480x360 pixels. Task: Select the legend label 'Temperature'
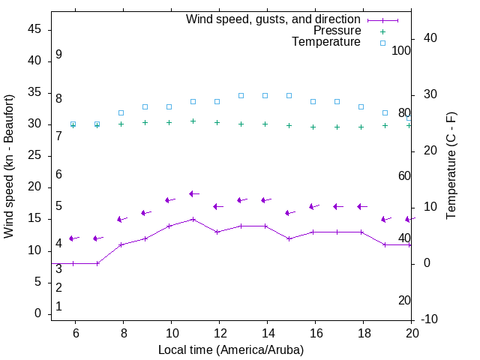(326, 42)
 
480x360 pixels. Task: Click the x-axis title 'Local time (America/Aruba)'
(231, 349)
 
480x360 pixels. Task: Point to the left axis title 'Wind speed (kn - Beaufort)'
(9, 166)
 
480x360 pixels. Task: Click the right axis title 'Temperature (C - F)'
(451, 166)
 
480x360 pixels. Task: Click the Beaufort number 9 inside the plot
(58, 55)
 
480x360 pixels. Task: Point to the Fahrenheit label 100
(401, 50)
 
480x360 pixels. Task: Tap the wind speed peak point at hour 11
(193, 219)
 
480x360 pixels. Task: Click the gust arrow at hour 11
(193, 193)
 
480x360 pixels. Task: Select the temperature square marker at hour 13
(241, 95)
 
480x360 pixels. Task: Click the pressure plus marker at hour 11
(193, 121)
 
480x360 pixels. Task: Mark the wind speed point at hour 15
(289, 238)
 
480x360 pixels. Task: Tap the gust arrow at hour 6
(73, 238)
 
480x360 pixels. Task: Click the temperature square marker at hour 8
(121, 112)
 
